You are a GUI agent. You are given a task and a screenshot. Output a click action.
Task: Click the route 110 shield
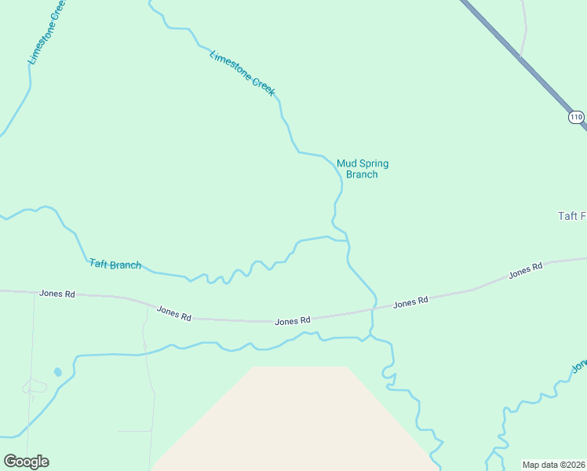577,118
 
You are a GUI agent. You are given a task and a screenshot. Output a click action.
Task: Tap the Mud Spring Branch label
363,169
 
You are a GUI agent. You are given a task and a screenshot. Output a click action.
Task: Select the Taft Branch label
115,265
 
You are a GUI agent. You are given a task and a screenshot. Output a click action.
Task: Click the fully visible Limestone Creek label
242,73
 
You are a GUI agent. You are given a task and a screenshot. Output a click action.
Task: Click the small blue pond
57,371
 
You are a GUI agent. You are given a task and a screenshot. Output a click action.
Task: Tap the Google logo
26,462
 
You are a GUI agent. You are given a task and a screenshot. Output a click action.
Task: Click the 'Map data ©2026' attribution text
554,465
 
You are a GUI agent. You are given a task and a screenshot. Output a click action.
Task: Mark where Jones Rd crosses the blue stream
373,310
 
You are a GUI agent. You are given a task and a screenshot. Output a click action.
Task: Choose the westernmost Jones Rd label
57,294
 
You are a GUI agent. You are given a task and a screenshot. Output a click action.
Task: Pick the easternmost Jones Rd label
526,271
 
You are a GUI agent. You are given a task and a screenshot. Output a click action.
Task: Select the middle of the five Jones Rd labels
293,320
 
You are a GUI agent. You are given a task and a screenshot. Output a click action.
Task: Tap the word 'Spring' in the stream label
374,163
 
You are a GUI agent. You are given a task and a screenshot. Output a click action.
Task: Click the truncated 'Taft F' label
571,216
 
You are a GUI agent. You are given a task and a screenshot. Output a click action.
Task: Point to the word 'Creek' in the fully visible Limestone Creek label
264,86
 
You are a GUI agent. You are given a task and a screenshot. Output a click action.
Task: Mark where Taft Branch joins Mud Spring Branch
346,240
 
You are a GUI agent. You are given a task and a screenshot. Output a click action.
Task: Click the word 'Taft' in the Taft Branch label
98,263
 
